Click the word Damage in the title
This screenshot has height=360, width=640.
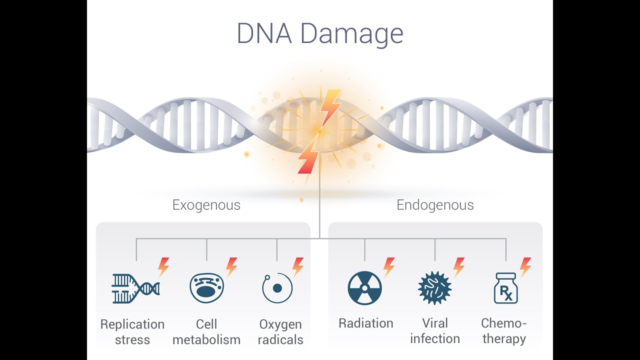pyautogui.click(x=352, y=34)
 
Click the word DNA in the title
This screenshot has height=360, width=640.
pyautogui.click(x=264, y=34)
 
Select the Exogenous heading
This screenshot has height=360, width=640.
pyautogui.click(x=206, y=205)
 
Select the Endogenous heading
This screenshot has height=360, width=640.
pyautogui.click(x=435, y=205)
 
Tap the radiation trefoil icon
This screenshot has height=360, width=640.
pyautogui.click(x=364, y=288)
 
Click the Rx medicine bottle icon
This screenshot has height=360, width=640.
pyautogui.click(x=505, y=288)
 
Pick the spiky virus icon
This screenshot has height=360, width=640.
pyautogui.click(x=434, y=288)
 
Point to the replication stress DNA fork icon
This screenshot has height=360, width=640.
pyautogui.click(x=135, y=288)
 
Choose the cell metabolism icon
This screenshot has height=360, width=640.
pyautogui.click(x=206, y=288)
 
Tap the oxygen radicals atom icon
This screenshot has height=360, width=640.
pyautogui.click(x=277, y=288)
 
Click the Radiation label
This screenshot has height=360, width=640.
pyautogui.click(x=366, y=323)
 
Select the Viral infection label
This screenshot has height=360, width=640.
pyautogui.click(x=435, y=330)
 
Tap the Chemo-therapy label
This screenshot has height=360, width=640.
pyautogui.click(x=504, y=330)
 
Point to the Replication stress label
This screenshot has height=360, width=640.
pyautogui.click(x=132, y=331)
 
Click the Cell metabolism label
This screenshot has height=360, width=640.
pyautogui.click(x=206, y=331)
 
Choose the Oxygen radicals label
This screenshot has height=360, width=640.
pyautogui.click(x=281, y=331)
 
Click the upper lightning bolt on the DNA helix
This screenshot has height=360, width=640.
pyautogui.click(x=331, y=107)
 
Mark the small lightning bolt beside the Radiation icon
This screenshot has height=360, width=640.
pyautogui.click(x=389, y=267)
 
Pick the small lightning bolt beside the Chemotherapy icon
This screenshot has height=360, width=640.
pyautogui.click(x=525, y=267)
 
